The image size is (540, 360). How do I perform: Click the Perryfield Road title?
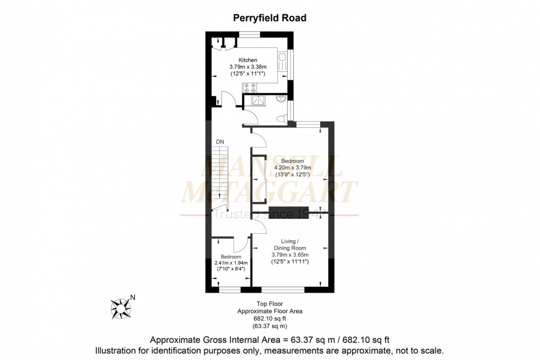click(x=269, y=18)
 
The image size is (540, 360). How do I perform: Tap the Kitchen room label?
click(x=247, y=60)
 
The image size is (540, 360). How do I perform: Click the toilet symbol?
click(x=282, y=118)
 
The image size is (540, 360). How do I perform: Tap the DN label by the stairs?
click(x=220, y=142)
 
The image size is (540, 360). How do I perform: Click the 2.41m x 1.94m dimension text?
click(x=231, y=263)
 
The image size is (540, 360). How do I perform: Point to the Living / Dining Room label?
click(x=289, y=245)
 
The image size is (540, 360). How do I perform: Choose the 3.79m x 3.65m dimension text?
click(x=289, y=255)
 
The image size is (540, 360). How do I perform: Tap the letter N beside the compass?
click(x=132, y=298)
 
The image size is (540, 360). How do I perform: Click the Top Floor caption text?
click(x=269, y=304)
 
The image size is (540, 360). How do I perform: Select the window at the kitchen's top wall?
click(x=250, y=35)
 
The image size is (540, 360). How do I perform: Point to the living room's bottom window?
click(x=283, y=289)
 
